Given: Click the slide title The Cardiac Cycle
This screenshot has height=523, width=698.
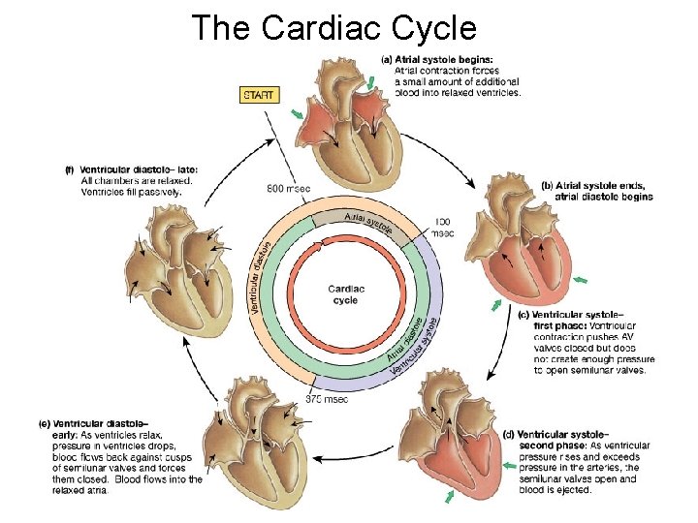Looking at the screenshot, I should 334,28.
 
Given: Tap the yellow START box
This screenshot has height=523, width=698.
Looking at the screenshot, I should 258,95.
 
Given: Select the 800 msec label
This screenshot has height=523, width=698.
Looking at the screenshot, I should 290,188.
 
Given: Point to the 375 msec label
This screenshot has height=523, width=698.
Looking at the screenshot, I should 327,398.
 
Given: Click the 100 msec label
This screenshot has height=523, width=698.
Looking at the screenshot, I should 441,228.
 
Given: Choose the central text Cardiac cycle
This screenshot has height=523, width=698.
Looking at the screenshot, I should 346,294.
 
